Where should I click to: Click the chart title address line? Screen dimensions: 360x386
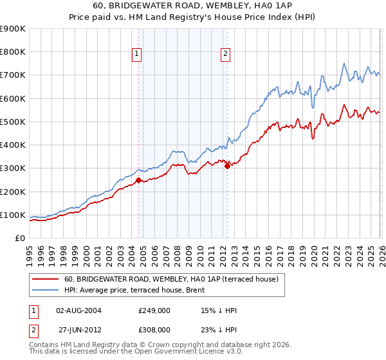coord(192,6)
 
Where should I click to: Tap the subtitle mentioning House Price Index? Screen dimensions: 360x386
coord(192,17)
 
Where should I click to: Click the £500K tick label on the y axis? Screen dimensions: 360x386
coord(13,122)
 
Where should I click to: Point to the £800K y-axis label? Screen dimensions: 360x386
coord(13,52)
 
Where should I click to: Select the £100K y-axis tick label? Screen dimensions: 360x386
coord(13,215)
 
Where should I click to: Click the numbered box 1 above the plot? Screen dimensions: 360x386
coord(138,55)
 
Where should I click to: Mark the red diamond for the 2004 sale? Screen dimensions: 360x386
coord(138,181)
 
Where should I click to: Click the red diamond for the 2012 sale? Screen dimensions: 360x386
coord(227,166)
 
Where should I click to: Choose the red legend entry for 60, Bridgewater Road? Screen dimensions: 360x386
coord(170,279)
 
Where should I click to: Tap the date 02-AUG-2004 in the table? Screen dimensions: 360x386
coord(78,310)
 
